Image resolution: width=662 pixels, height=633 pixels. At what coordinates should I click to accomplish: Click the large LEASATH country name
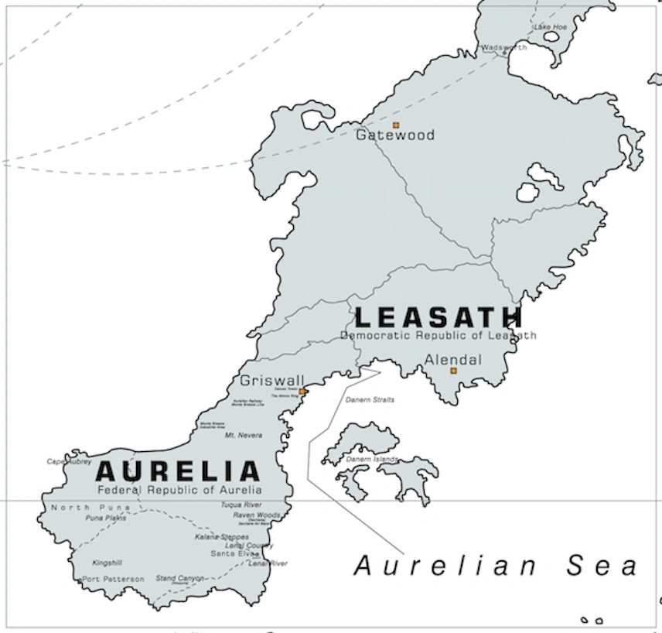pyautogui.click(x=438, y=316)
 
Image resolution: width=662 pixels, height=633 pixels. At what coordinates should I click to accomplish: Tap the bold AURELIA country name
pyautogui.click(x=177, y=471)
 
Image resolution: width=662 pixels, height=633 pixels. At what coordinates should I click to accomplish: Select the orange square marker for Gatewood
pyautogui.click(x=396, y=125)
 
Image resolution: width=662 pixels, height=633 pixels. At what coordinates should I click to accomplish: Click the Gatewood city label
pyautogui.click(x=394, y=135)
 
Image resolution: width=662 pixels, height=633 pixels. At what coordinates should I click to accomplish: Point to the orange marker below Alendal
pyautogui.click(x=454, y=371)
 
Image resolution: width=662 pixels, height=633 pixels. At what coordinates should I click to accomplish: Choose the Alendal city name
pyautogui.click(x=453, y=360)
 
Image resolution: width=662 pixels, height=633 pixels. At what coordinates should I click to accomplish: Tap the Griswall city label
pyautogui.click(x=272, y=381)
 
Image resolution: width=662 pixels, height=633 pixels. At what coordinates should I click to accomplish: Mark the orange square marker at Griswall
pyautogui.click(x=302, y=392)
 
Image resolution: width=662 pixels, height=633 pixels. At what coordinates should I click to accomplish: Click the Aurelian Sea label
pyautogui.click(x=496, y=566)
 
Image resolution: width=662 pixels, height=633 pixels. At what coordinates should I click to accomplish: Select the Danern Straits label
pyautogui.click(x=370, y=400)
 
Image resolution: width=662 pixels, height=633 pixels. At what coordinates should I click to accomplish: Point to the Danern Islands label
pyautogui.click(x=372, y=459)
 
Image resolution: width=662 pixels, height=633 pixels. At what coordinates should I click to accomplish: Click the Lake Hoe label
pyautogui.click(x=550, y=27)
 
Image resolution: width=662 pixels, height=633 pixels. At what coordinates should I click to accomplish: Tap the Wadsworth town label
pyautogui.click(x=503, y=47)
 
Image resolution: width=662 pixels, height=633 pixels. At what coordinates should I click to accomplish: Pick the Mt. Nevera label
pyautogui.click(x=244, y=436)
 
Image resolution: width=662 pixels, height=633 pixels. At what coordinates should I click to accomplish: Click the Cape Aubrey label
pyautogui.click(x=69, y=461)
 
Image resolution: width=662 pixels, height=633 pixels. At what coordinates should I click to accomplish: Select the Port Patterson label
pyautogui.click(x=113, y=579)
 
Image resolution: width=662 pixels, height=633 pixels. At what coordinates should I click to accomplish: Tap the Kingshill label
pyautogui.click(x=107, y=563)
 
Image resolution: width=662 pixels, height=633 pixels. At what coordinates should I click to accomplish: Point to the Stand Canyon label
pyautogui.click(x=179, y=578)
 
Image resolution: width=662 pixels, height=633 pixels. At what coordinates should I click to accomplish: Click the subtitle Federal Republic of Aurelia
pyautogui.click(x=179, y=490)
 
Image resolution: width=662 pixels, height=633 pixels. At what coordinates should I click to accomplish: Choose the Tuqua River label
pyautogui.click(x=241, y=505)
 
